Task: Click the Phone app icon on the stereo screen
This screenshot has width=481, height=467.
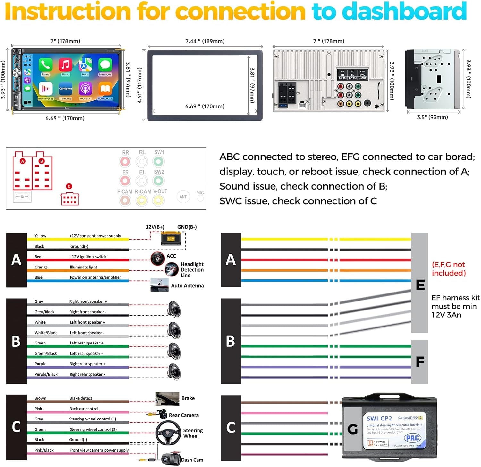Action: (x=46, y=65)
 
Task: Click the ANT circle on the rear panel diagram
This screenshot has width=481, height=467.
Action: (x=183, y=197)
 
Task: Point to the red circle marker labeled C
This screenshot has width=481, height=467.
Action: (x=69, y=186)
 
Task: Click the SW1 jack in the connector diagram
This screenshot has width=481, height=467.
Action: (x=158, y=161)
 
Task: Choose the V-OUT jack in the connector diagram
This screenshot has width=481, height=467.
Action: (x=158, y=200)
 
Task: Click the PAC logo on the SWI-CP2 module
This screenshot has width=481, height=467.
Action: (x=413, y=437)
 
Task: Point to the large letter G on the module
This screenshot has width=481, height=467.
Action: (x=352, y=429)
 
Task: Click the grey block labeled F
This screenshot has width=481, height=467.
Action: (x=419, y=362)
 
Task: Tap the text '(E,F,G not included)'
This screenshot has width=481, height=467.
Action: (x=449, y=269)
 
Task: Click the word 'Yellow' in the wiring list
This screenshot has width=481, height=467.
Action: (x=40, y=236)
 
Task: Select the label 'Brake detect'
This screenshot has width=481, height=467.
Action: (x=81, y=398)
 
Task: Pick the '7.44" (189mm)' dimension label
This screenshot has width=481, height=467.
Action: (x=205, y=41)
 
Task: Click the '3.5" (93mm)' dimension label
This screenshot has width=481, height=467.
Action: (x=432, y=117)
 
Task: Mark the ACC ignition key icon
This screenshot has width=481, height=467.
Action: (x=157, y=258)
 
